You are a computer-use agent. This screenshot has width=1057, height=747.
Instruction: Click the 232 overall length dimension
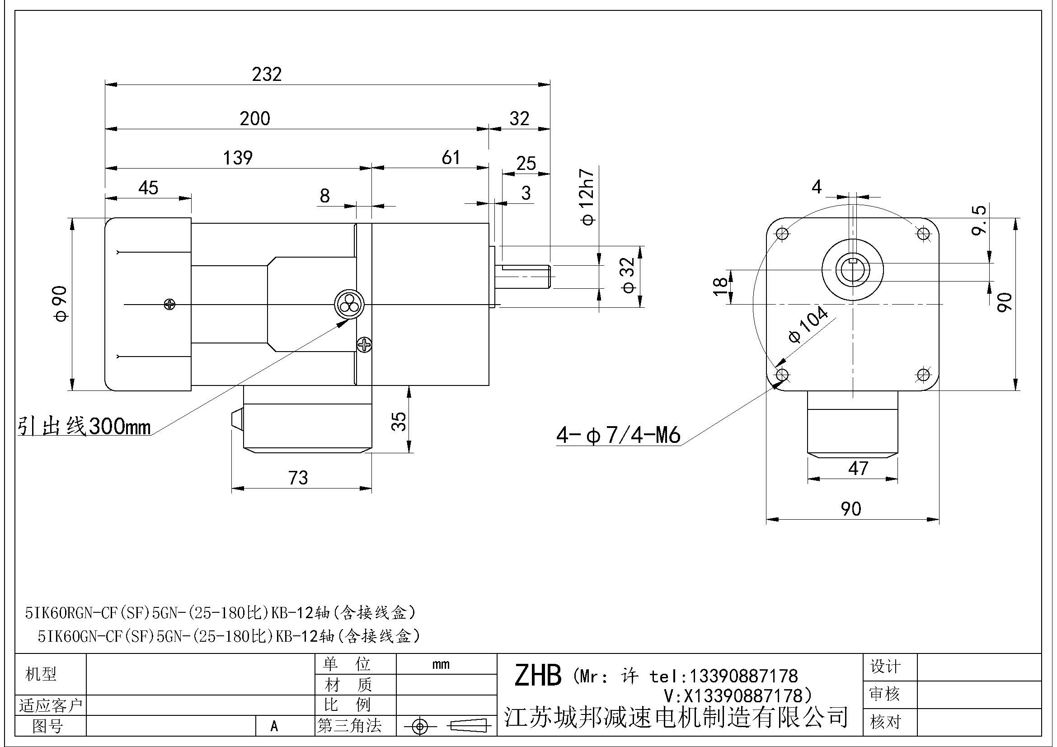[267, 74]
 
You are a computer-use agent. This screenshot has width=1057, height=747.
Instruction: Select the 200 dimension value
[254, 119]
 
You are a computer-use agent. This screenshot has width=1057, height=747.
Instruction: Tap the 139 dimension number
[238, 158]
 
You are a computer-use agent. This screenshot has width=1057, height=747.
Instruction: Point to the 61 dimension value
[451, 158]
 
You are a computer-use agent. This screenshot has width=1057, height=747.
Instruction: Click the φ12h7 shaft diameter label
[588, 197]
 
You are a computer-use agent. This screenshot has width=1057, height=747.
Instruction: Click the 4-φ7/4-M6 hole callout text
[618, 435]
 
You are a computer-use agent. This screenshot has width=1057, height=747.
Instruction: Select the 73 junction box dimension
[298, 478]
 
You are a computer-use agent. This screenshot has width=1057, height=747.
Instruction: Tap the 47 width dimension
[858, 469]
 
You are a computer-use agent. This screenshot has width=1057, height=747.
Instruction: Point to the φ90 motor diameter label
[61, 304]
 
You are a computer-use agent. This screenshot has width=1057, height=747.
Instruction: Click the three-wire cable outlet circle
[348, 305]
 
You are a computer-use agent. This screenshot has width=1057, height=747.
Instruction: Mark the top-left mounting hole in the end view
[782, 234]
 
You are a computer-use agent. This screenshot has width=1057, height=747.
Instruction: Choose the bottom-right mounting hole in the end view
[923, 375]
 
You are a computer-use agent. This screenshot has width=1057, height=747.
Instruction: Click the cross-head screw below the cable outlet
[364, 344]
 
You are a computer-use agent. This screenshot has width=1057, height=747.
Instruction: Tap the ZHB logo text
[538, 676]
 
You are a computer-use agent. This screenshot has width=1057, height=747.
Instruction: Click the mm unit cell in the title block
[441, 664]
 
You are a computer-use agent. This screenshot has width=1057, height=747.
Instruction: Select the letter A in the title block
[274, 726]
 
